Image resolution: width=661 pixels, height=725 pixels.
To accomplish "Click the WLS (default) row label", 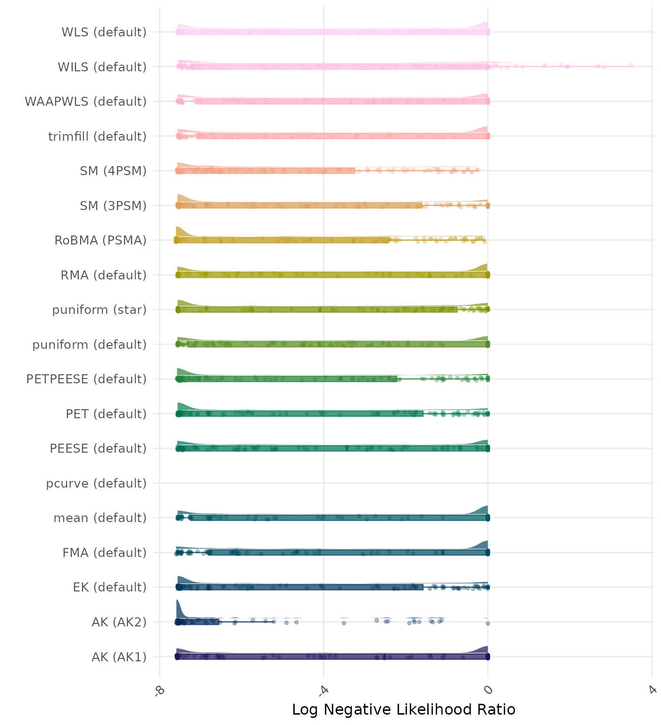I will [104, 32].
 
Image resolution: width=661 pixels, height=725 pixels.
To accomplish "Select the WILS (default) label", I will [102, 67].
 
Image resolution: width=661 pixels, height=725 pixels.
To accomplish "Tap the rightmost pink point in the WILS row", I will [631, 65].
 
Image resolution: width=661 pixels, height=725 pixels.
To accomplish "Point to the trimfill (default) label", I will [97, 136].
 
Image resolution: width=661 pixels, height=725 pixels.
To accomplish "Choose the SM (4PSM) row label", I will [113, 171].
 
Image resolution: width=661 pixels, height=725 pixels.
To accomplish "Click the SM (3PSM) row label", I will [113, 206].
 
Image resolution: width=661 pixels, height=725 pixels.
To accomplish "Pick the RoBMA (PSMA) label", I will [101, 240].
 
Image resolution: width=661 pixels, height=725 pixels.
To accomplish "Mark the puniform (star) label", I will [99, 310].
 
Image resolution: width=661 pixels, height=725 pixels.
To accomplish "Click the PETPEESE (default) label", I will [86, 379].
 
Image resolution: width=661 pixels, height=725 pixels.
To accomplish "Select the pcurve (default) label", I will [96, 483].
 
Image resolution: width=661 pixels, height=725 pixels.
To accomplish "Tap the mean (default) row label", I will [100, 518].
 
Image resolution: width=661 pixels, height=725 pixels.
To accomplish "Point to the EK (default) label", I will [110, 587].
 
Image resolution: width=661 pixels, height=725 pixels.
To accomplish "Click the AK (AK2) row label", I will [119, 622].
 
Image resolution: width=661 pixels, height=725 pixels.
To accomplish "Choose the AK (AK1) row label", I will [119, 657].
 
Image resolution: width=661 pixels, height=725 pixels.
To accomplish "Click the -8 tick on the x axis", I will [159, 690].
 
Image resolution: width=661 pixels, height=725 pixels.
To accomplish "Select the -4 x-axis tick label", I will [323, 690].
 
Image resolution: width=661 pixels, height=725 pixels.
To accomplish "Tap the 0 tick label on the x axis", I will [488, 690].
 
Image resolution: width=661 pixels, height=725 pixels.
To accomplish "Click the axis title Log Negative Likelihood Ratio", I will [404, 709].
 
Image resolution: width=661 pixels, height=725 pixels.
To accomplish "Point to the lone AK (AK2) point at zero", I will [488, 624].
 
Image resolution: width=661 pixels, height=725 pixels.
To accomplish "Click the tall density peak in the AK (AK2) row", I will [178, 607].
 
